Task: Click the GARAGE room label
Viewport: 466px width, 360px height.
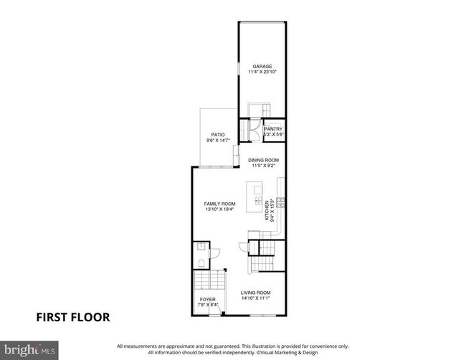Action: (x=262, y=66)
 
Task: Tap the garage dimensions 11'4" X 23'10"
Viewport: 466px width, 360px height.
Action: (x=262, y=72)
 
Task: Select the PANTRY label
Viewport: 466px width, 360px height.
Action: (x=274, y=129)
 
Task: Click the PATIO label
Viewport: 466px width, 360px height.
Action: (x=218, y=135)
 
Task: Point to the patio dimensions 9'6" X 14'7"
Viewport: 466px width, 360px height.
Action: (x=218, y=141)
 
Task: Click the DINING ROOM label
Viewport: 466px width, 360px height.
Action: (x=263, y=160)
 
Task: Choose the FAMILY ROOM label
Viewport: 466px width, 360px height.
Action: (x=219, y=203)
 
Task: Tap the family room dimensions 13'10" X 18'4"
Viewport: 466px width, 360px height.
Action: (x=219, y=209)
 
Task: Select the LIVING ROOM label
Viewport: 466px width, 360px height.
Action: (x=255, y=293)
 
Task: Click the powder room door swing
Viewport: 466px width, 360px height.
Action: (x=243, y=247)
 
